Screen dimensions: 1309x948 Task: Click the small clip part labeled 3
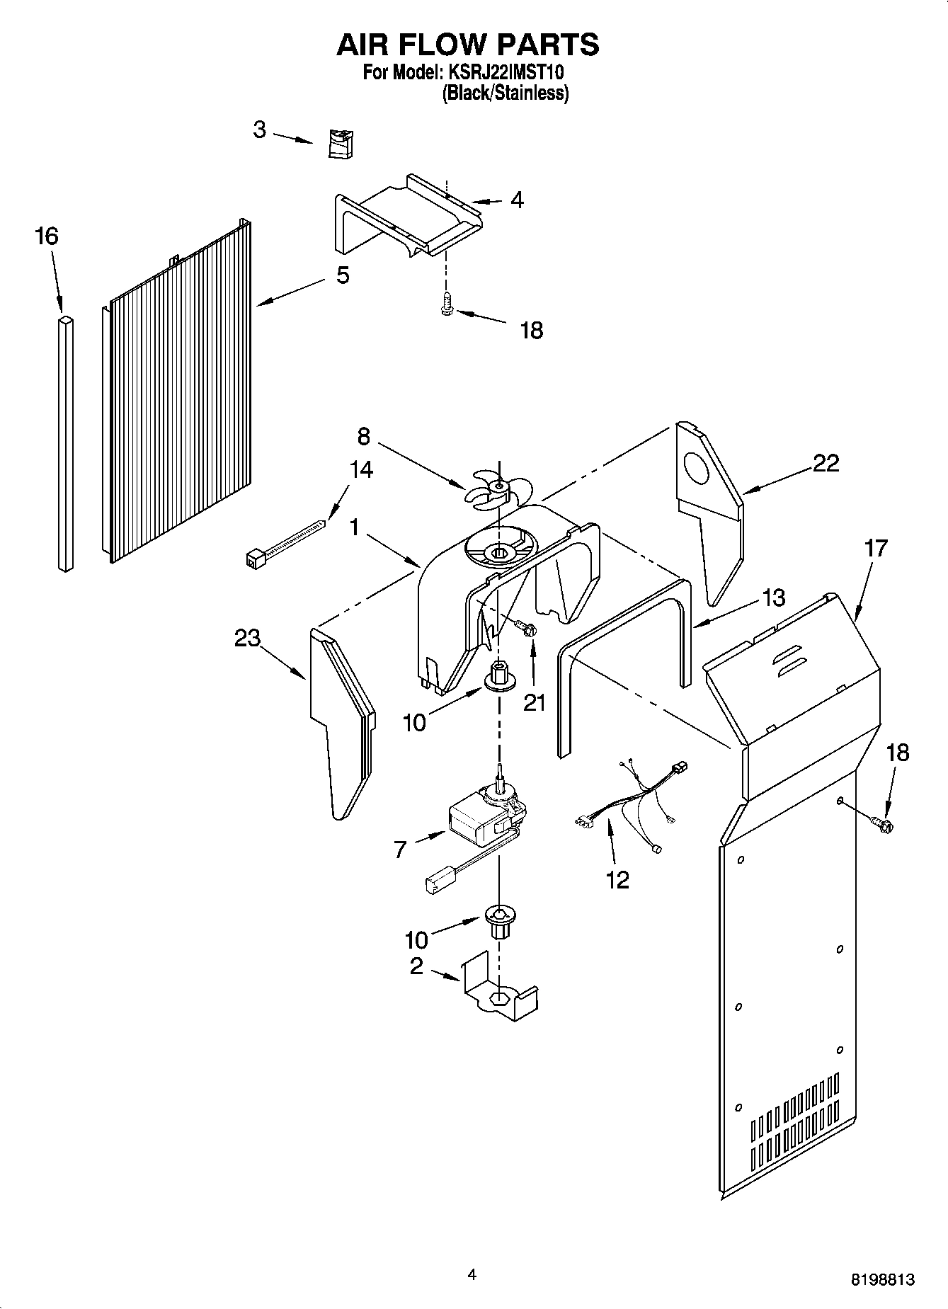pyautogui.click(x=341, y=144)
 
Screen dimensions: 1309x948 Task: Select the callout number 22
pyautogui.click(x=826, y=463)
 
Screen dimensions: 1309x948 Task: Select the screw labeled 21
pyautogui.click(x=525, y=627)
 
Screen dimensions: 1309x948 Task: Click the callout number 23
pyautogui.click(x=248, y=638)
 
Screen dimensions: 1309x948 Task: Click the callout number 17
pyautogui.click(x=876, y=547)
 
